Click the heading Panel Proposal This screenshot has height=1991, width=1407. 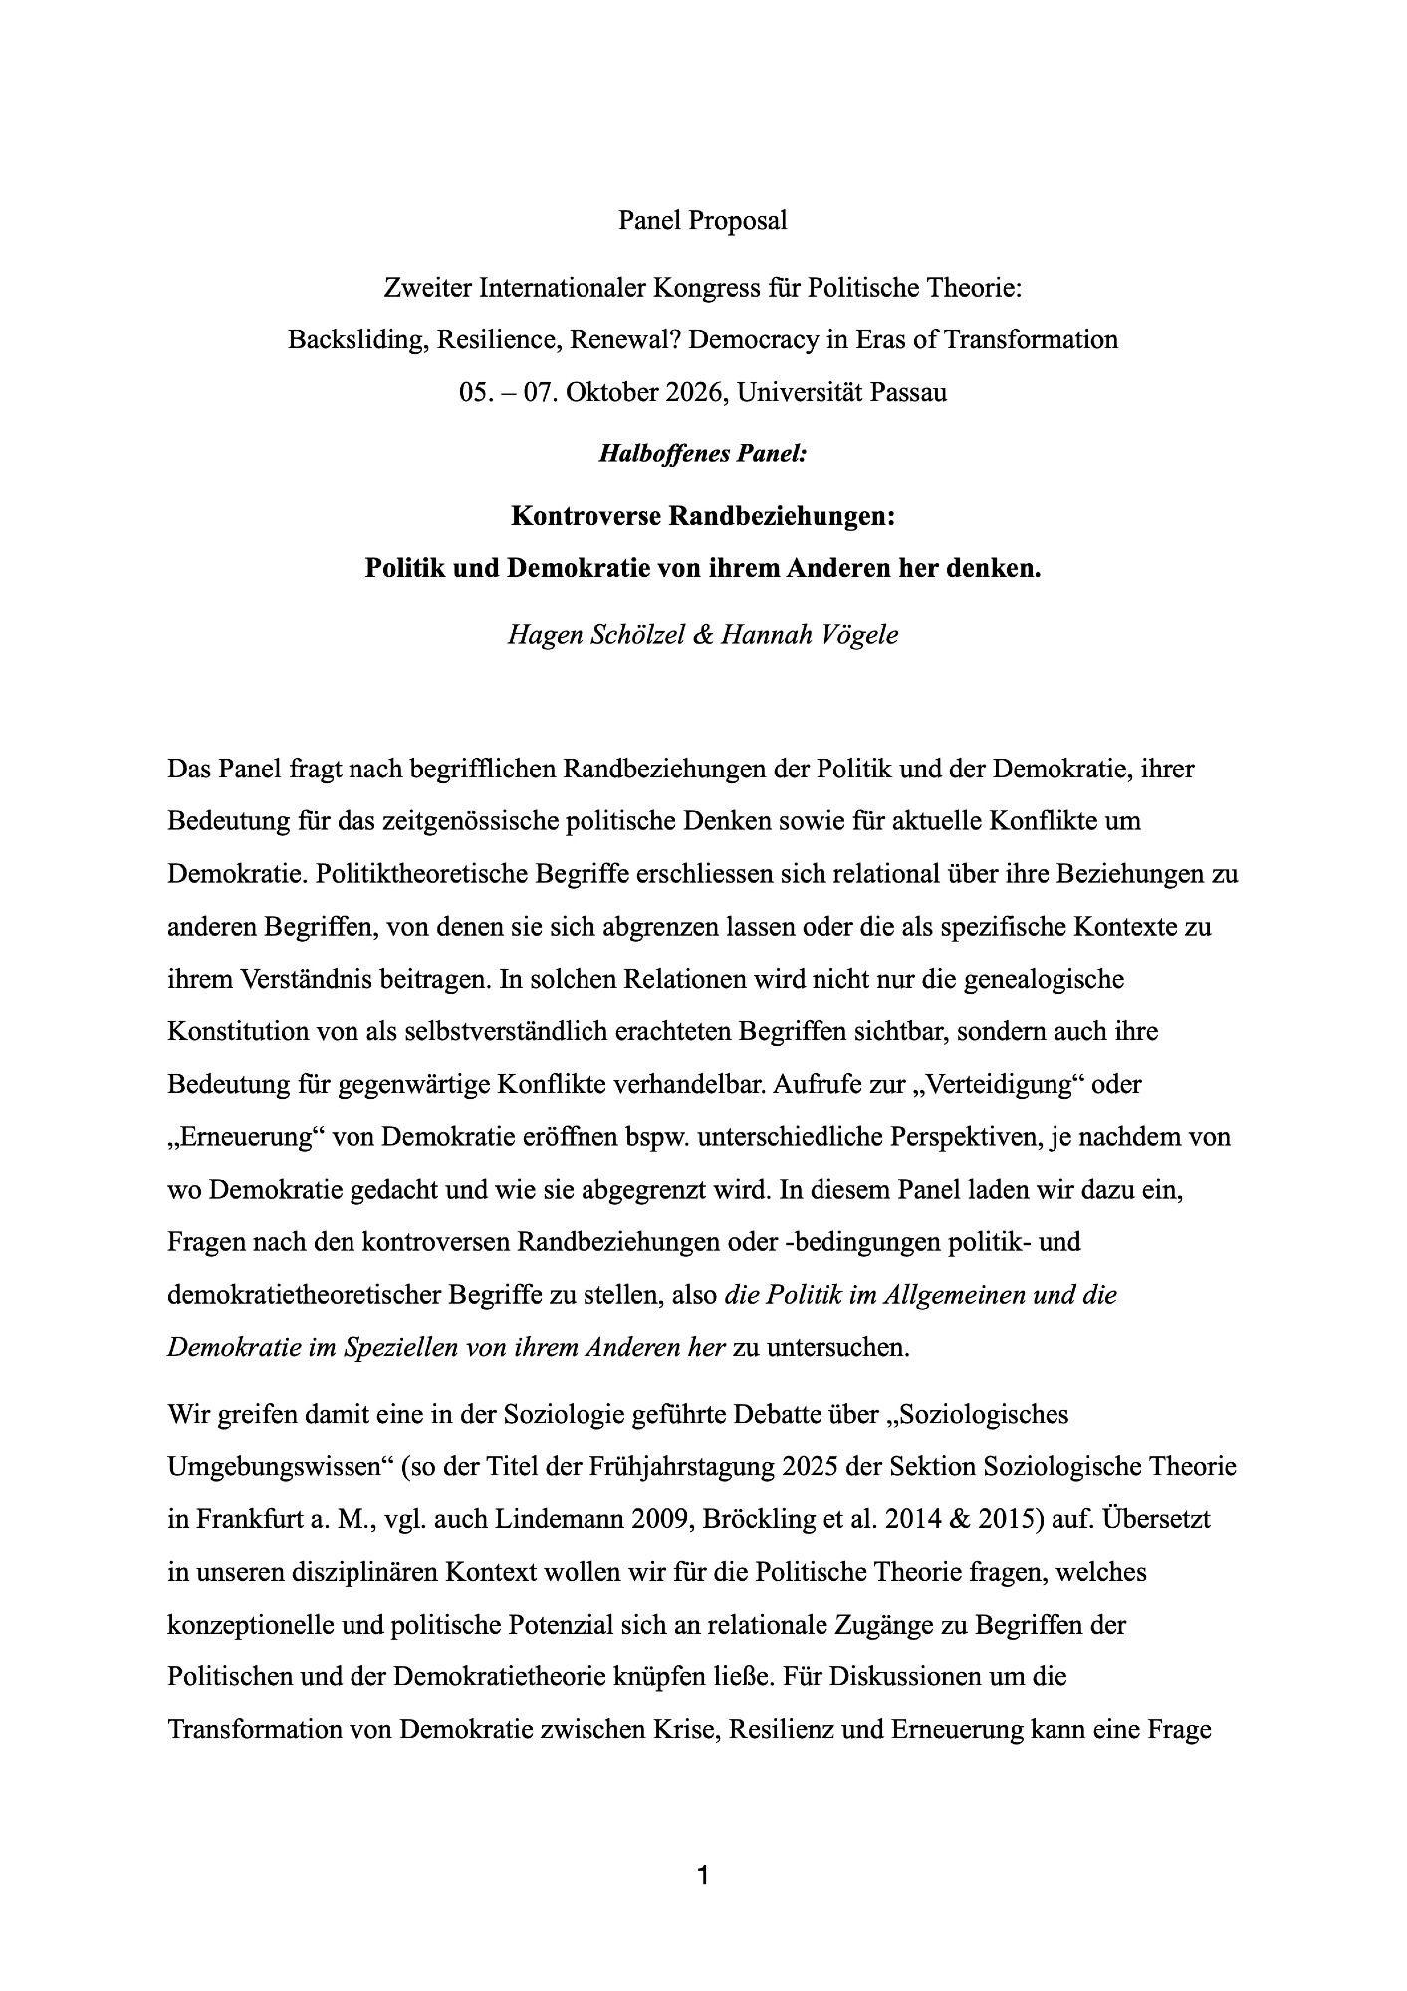point(702,220)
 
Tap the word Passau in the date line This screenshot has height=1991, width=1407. point(908,392)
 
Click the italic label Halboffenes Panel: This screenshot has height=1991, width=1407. point(702,454)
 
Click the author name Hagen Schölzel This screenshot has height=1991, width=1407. point(595,634)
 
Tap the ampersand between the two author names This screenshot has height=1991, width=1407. point(703,634)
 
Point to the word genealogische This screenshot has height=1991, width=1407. point(1041,979)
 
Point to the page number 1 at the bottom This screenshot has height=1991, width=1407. point(703,1877)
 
